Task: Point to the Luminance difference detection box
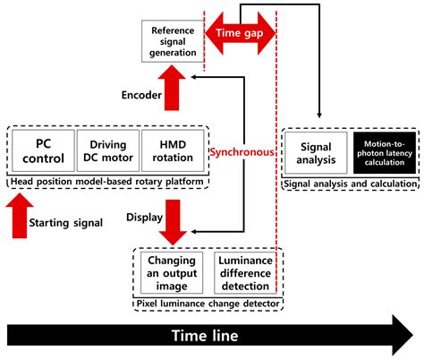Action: tap(244, 272)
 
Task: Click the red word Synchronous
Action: tap(242, 152)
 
